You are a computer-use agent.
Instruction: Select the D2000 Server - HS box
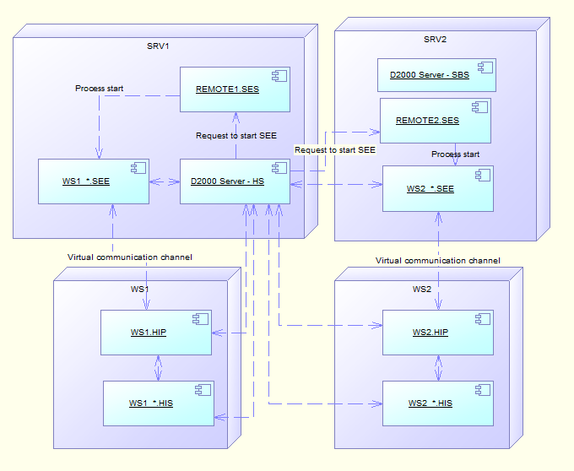point(235,181)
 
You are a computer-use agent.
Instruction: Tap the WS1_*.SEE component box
point(94,181)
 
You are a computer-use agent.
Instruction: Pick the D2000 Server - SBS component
point(436,75)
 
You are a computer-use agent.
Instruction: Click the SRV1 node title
point(159,46)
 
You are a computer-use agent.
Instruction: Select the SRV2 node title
point(435,40)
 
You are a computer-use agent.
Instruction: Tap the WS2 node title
point(421,290)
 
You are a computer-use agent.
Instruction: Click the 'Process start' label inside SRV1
point(100,88)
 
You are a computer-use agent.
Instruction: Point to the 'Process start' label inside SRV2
point(455,154)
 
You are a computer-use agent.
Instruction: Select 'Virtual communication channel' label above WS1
point(130,257)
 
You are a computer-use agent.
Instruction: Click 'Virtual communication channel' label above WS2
point(438,261)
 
